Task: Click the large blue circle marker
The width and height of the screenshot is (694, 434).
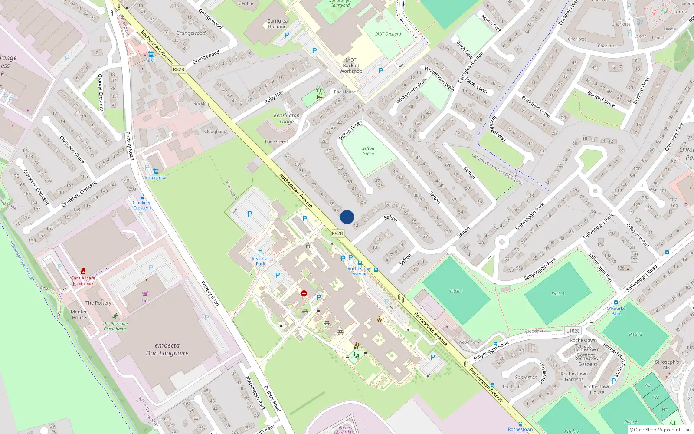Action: coord(347,217)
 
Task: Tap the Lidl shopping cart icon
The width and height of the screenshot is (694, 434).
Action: coord(145,293)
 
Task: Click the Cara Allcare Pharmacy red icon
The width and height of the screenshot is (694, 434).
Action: coord(83,271)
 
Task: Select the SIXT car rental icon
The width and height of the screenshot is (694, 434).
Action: coord(151,54)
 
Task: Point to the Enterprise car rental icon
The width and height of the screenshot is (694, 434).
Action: coord(156,171)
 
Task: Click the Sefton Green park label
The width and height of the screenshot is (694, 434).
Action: coord(368,151)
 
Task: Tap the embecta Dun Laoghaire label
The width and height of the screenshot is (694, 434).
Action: coord(167,349)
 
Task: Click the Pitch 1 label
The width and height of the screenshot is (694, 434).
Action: coord(456,291)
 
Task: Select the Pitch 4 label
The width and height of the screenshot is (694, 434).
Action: coord(558,293)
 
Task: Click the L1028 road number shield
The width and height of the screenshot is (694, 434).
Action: coord(573,331)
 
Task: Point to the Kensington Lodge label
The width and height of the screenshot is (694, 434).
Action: coord(287,118)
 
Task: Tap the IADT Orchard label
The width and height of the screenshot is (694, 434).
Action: coord(388,34)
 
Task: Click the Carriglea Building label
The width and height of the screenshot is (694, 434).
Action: coord(278,23)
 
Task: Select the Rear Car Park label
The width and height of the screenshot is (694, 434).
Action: coord(261,261)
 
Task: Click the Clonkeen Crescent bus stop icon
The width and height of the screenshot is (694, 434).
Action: coord(142,197)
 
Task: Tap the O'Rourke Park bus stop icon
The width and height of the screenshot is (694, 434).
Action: coord(616,302)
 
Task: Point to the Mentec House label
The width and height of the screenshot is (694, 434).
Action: coord(79,315)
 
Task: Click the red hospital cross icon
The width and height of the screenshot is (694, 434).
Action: coord(304,294)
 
